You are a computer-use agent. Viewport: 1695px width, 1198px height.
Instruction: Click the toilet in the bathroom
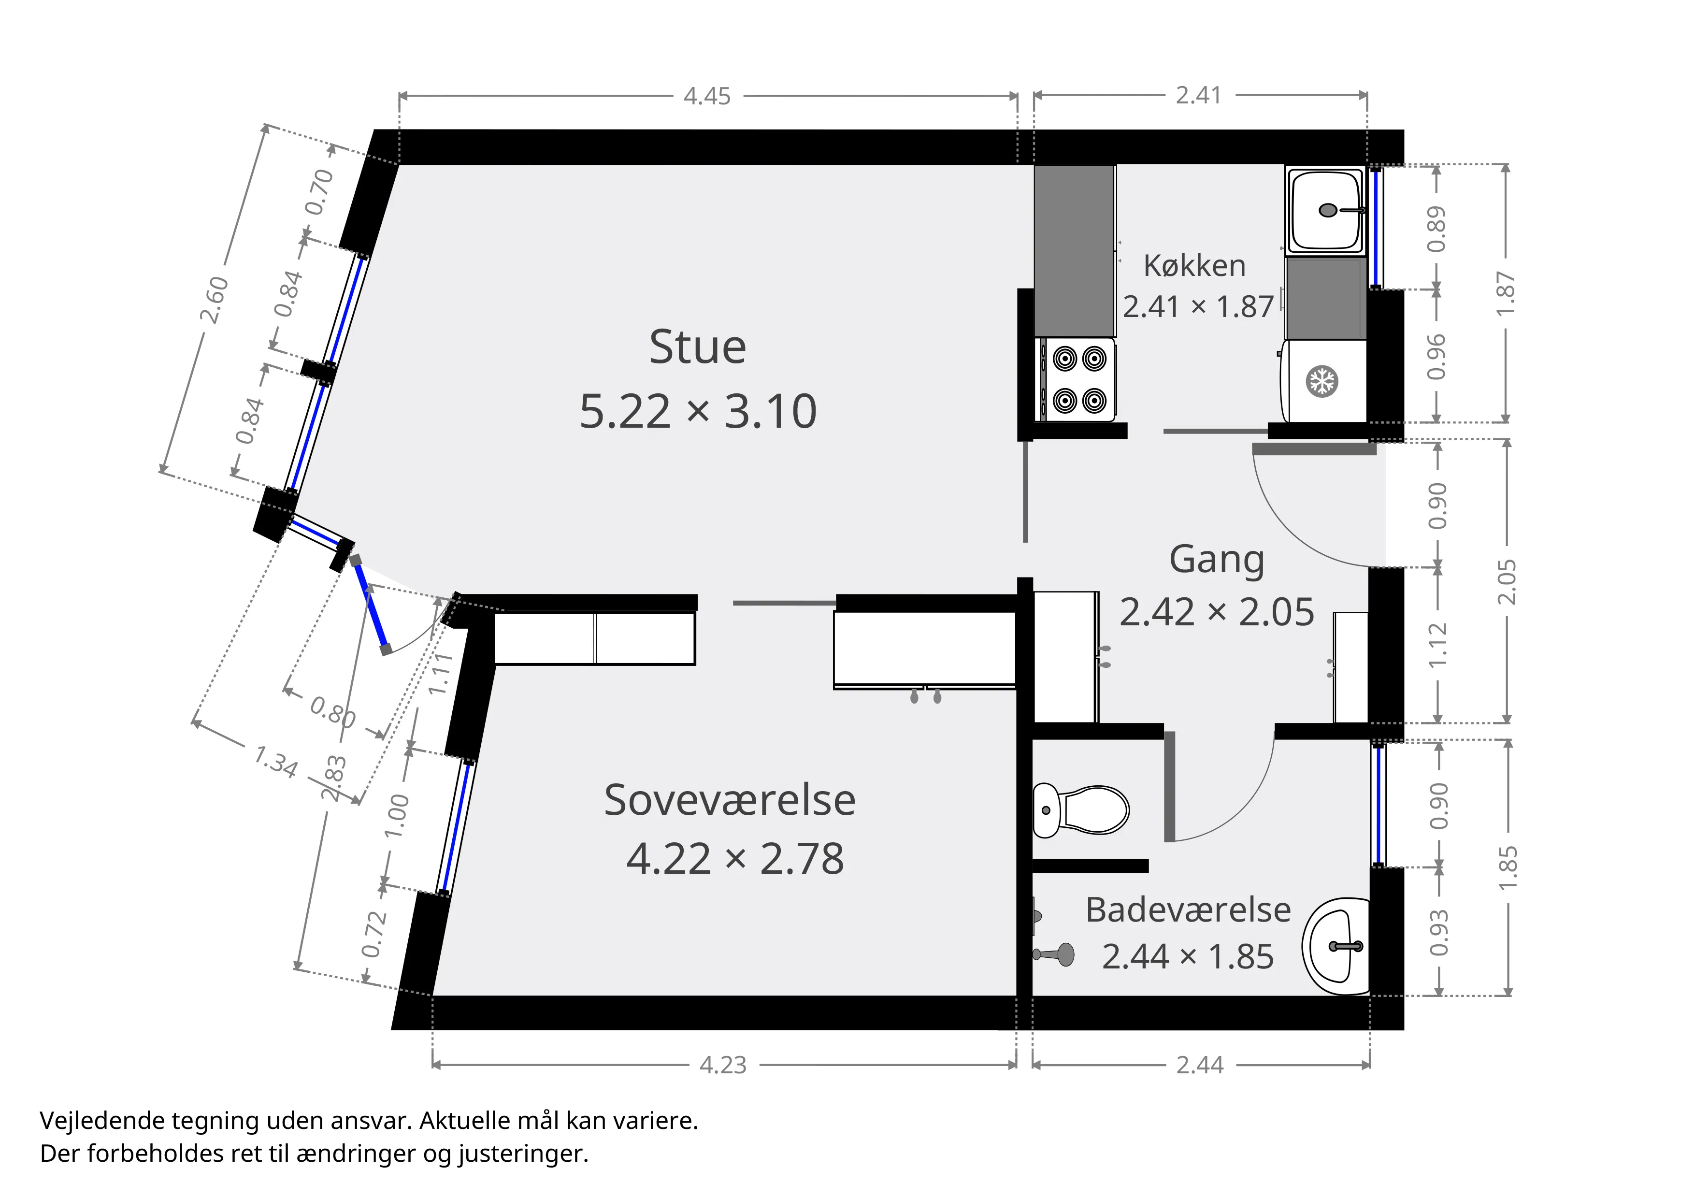[x=1081, y=810]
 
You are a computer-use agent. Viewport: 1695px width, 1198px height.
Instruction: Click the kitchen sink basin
[x=1325, y=210]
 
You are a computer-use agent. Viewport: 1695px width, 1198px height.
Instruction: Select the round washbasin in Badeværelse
[x=1336, y=946]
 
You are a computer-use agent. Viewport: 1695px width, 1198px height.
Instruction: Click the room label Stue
[x=698, y=347]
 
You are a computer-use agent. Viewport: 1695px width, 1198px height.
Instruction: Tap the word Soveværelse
[x=730, y=800]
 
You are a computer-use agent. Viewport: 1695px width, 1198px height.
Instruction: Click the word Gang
[x=1217, y=560]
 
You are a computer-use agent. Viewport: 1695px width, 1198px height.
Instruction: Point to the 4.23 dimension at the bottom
[x=723, y=1065]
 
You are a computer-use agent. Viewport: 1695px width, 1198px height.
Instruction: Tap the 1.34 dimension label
[x=275, y=761]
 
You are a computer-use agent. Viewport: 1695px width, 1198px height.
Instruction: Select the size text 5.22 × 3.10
[x=698, y=411]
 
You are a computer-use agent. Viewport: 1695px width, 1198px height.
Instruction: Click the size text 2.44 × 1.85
[x=1188, y=957]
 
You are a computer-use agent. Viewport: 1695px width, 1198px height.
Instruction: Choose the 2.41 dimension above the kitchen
[x=1199, y=95]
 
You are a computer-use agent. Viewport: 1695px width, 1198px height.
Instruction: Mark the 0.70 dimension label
[x=319, y=192]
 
